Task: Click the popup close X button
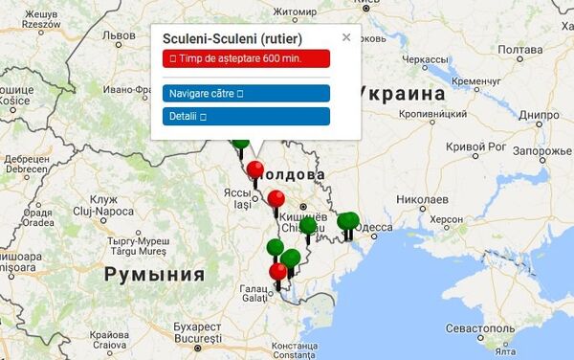(346, 37)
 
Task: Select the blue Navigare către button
(247, 94)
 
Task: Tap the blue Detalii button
(247, 116)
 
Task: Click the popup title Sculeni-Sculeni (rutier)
(232, 39)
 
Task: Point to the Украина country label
(403, 94)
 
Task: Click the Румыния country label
(154, 275)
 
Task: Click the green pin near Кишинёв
(308, 228)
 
